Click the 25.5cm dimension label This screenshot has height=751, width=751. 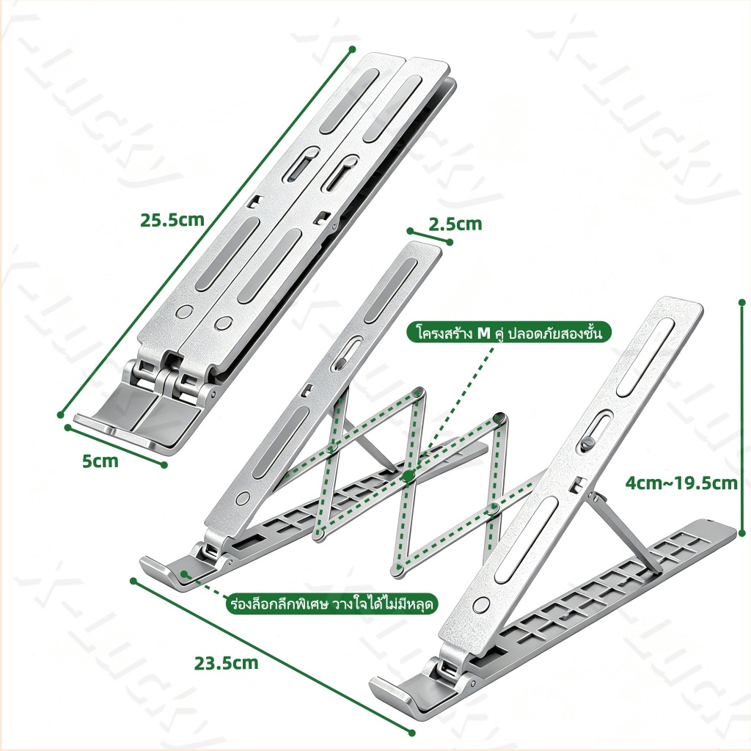172,220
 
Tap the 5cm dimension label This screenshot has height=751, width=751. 100,461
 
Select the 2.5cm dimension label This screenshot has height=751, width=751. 455,224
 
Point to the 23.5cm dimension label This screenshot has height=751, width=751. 226,663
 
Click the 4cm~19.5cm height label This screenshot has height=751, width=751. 681,483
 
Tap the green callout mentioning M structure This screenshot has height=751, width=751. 510,332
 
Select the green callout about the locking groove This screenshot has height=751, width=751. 331,604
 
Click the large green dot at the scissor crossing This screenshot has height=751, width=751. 408,475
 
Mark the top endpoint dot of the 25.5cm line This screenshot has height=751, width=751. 353,49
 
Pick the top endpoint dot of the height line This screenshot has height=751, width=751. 742,302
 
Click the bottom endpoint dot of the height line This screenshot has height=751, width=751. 742,532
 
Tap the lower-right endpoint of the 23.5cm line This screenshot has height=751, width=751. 412,732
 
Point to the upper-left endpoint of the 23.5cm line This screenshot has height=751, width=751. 133,581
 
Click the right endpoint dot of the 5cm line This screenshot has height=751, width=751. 164,464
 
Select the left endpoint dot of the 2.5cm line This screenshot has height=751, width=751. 410,231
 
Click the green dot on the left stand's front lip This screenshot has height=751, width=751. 184,573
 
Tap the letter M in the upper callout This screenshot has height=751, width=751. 484,332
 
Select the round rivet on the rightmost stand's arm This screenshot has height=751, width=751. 481,604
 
